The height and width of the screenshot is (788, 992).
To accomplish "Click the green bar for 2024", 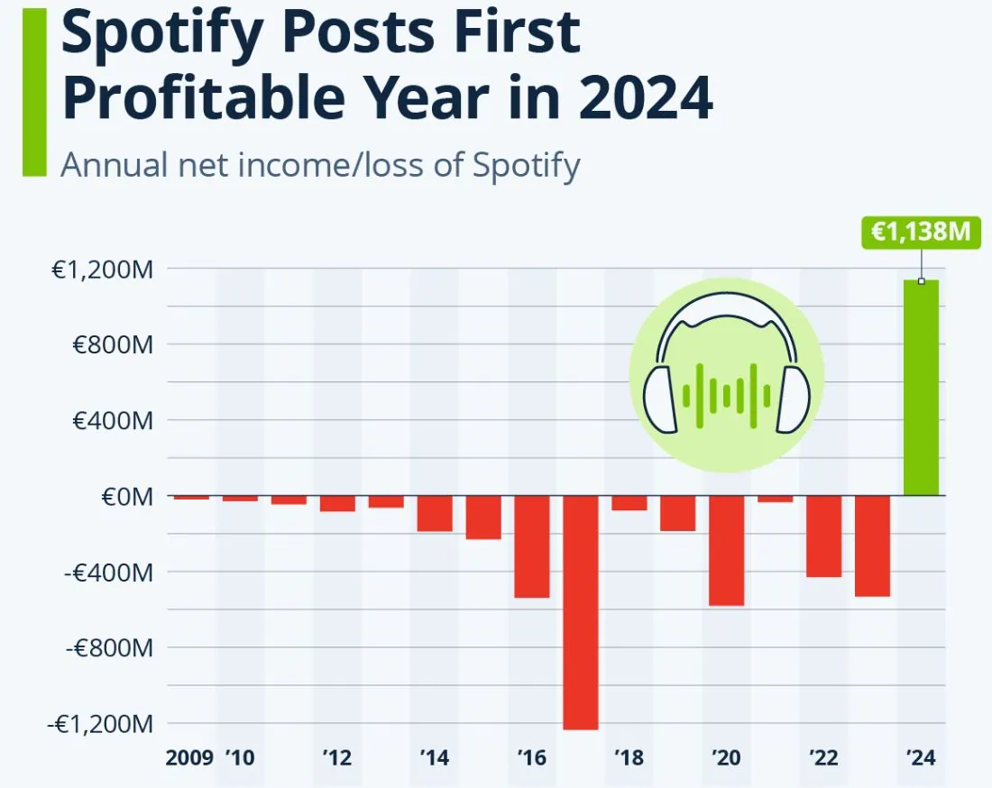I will (x=921, y=388).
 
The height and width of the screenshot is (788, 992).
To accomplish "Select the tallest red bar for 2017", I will (x=581, y=612).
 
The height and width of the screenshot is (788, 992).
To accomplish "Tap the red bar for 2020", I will (x=726, y=550).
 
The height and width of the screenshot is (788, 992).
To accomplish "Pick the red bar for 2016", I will (x=532, y=546).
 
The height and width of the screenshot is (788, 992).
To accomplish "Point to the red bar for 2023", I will (x=872, y=545).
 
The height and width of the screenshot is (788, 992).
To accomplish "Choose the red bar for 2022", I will (x=823, y=536).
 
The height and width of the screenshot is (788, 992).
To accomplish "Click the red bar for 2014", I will (x=435, y=513).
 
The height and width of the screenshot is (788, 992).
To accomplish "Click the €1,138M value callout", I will (x=920, y=232).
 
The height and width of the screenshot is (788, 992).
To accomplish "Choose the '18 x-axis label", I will (x=629, y=757).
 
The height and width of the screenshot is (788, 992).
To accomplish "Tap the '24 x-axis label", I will (x=921, y=757).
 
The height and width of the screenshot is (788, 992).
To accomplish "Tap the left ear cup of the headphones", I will (x=662, y=399).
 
